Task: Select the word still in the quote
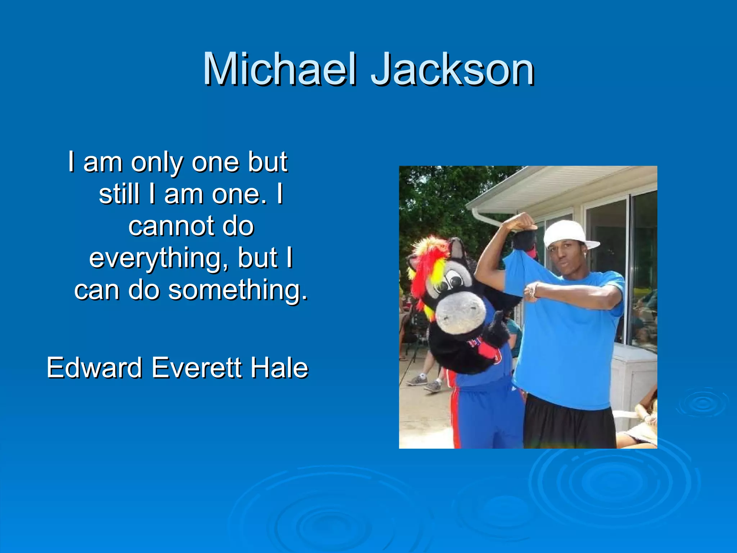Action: [x=119, y=194]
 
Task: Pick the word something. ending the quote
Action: [x=238, y=290]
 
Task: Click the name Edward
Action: [x=94, y=368]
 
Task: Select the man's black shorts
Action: [x=569, y=425]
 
